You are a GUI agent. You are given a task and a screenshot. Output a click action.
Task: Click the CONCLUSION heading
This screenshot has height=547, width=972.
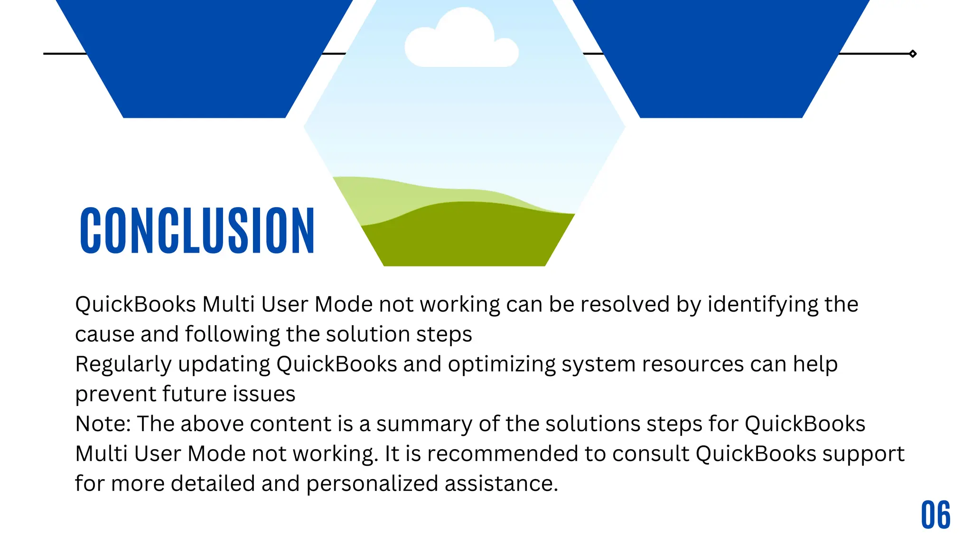[197, 231]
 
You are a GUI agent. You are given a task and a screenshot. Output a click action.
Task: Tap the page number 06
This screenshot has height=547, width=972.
[935, 515]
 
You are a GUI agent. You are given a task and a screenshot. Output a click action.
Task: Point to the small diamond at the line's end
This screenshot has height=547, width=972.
[913, 54]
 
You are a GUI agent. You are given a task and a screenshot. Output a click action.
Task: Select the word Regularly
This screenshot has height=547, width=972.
[123, 365]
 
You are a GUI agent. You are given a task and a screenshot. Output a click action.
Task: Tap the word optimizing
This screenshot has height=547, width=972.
[501, 365]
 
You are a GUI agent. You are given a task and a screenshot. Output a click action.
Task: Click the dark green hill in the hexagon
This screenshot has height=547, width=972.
[465, 237]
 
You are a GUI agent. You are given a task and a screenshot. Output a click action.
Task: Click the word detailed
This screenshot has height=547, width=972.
[213, 484]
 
